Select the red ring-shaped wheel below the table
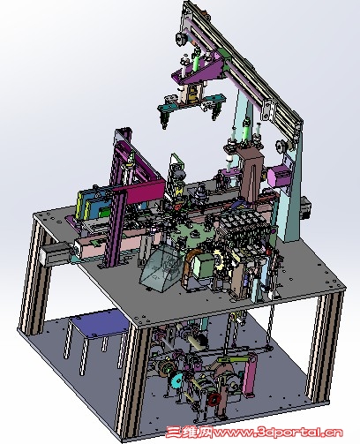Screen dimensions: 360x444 (x=214, y=399)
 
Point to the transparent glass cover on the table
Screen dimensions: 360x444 (x=159, y=267)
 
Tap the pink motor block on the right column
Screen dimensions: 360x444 (x=277, y=176)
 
